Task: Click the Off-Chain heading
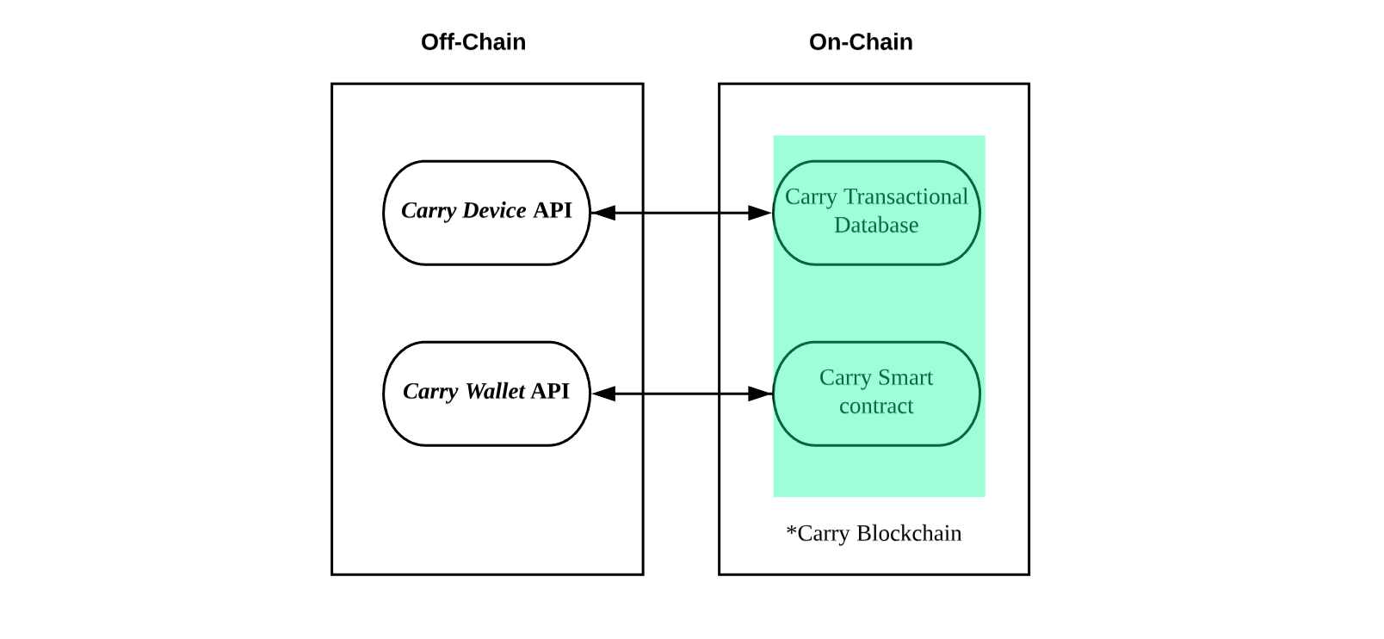tap(473, 42)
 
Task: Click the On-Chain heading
tap(861, 42)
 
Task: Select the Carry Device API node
tap(487, 214)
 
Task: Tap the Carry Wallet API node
tap(487, 394)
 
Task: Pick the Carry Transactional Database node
tap(877, 214)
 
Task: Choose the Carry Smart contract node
tap(877, 394)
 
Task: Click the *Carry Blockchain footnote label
tap(874, 533)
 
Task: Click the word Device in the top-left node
tap(494, 210)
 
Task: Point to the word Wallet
tap(495, 391)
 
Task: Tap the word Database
tap(876, 225)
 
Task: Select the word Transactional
tap(905, 196)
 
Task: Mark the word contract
tap(876, 406)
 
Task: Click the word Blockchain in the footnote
tap(909, 533)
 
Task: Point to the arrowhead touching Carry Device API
tap(603, 214)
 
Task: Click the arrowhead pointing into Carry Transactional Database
tap(760, 214)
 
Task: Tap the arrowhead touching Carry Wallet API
tap(603, 394)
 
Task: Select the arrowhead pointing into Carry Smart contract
tap(760, 394)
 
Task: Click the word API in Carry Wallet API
tap(550, 391)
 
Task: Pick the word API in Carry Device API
tap(553, 210)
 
